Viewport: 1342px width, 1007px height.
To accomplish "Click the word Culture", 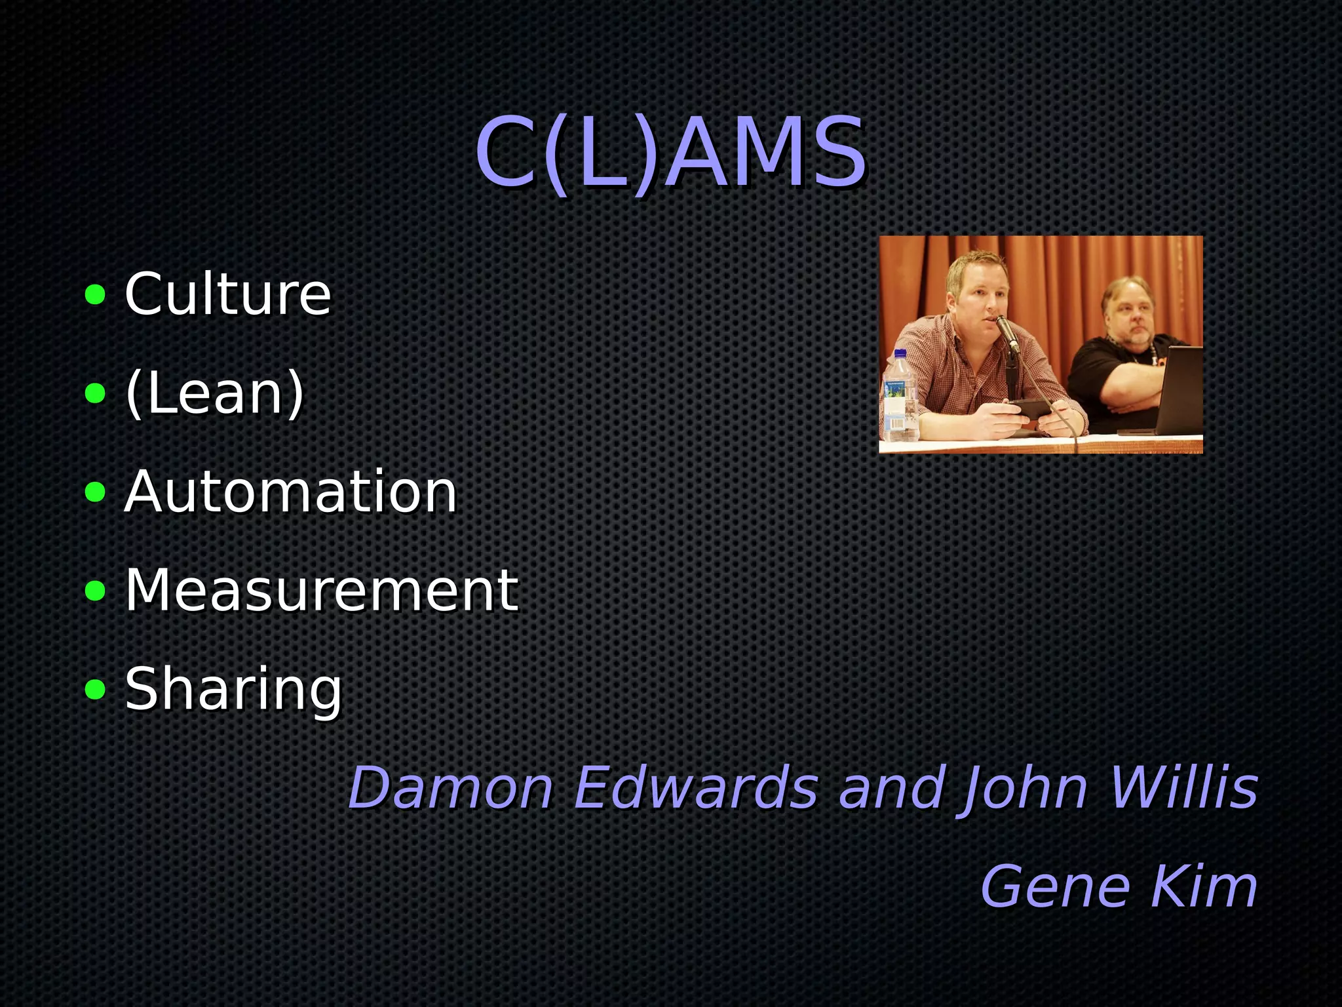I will [228, 294].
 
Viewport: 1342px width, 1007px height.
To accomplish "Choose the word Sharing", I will [233, 688].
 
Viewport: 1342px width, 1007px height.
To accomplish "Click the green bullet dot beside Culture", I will [96, 295].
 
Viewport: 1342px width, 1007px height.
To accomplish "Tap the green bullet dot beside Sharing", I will [96, 689].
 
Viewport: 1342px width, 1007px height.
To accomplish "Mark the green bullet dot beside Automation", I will [96, 492].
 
